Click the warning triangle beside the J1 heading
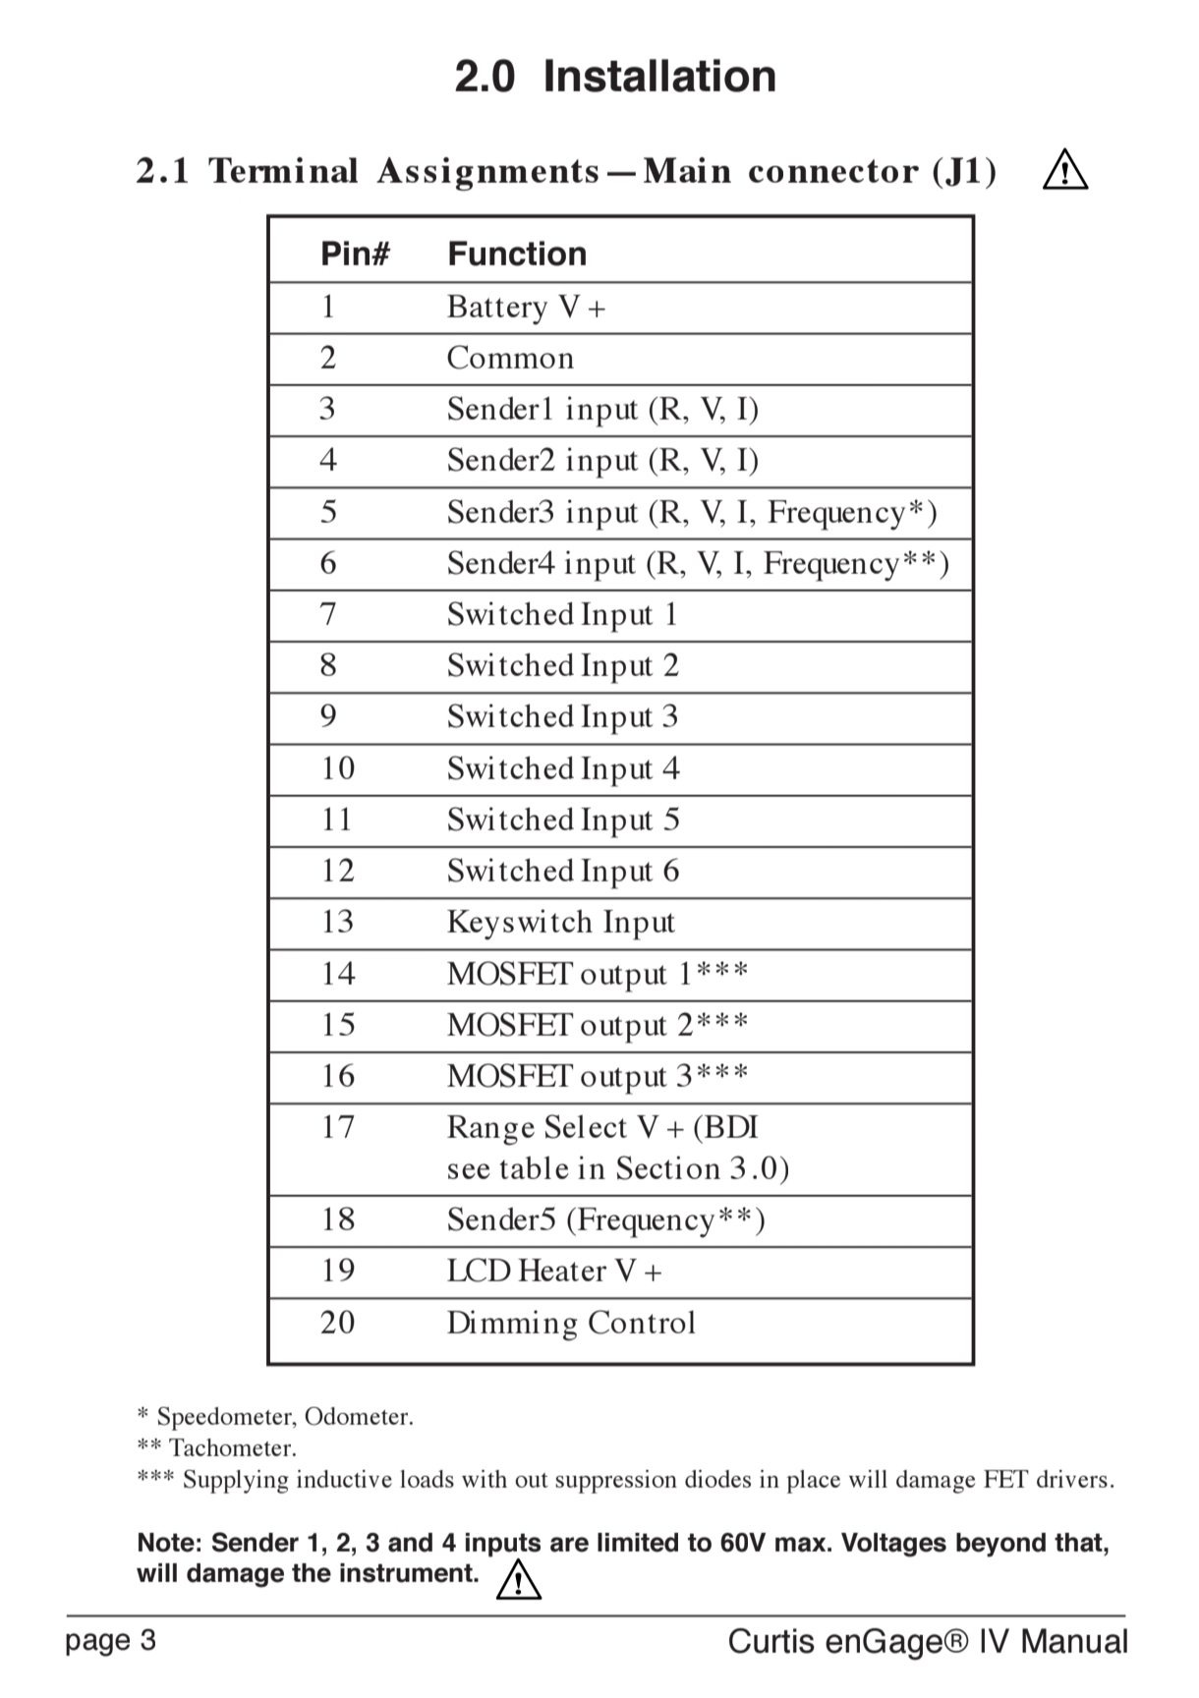coord(1065,171)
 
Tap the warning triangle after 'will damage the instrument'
coord(519,1579)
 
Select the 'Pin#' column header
coord(355,255)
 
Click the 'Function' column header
coord(517,255)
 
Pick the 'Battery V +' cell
coord(526,308)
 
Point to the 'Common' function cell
coord(510,359)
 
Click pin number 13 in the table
coord(337,922)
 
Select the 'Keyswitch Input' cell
coord(560,923)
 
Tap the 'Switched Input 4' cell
coord(563,768)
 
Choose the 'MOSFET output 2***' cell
coord(598,1025)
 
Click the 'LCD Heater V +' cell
coord(554,1272)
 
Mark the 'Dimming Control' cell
coord(571,1323)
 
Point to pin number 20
coord(337,1323)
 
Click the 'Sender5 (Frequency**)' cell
coord(605,1219)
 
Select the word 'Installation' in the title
coord(659,77)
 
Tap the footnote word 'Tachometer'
coord(231,1447)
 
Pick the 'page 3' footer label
coord(110,1640)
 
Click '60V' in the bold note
coord(743,1543)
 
